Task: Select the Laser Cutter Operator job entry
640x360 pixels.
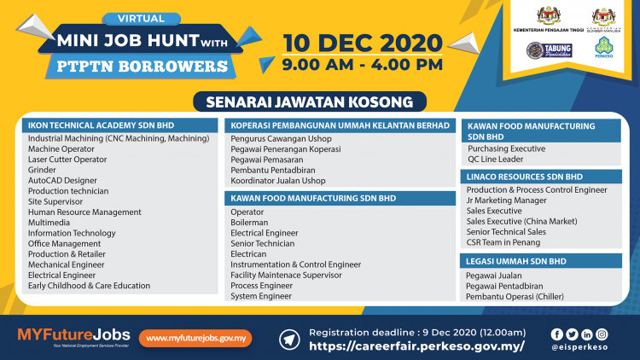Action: (x=67, y=159)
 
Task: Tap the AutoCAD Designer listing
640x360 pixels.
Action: (x=62, y=180)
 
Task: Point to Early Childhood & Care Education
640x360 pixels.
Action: (x=89, y=286)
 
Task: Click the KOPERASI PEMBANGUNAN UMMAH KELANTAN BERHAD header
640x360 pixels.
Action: (x=340, y=125)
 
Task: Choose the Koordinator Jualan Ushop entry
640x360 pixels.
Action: (x=278, y=181)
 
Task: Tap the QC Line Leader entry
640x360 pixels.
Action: (x=495, y=159)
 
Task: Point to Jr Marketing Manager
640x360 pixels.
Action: (x=506, y=200)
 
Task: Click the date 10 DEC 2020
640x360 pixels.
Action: (x=362, y=42)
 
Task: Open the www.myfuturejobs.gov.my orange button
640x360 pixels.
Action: (x=195, y=338)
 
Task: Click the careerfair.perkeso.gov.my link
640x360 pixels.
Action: (x=416, y=346)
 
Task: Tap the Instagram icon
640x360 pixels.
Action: (x=602, y=334)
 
